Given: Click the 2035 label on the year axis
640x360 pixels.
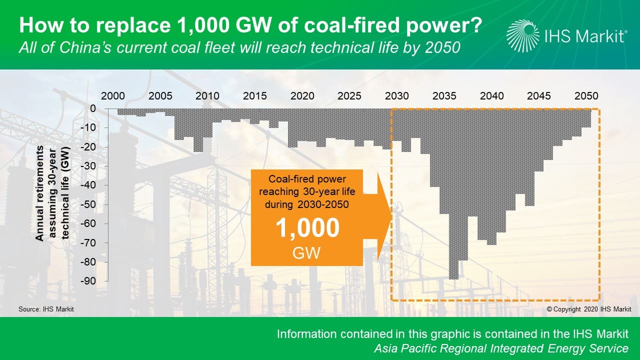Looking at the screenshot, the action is [444, 96].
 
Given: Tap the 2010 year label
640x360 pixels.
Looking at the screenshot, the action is [207, 96].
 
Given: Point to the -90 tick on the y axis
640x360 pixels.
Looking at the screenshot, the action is [88, 281].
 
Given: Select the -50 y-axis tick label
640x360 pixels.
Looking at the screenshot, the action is [88, 204].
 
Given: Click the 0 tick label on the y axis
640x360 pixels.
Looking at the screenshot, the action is [93, 108].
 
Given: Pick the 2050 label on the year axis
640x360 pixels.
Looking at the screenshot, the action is [586, 96].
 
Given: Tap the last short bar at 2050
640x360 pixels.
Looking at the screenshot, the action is [586, 117].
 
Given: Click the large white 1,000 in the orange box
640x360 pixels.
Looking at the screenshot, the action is [307, 227].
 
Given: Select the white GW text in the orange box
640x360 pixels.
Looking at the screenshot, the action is [306, 253].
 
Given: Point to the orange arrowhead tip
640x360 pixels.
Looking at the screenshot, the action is [392, 216].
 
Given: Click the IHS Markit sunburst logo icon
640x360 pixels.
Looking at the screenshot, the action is [522, 36].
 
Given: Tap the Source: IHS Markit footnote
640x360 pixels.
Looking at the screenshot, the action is [46, 309].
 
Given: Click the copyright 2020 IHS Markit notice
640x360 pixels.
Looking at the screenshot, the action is [589, 309].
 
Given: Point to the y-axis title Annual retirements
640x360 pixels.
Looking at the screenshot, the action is [39, 193].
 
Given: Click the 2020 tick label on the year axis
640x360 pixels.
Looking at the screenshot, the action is [302, 96].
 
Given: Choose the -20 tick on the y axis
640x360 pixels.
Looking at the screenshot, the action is [88, 147].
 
